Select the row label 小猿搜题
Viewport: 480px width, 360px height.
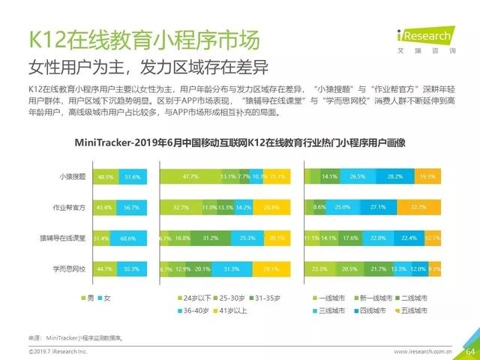tap(72, 177)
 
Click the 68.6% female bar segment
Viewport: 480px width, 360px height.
tap(130, 238)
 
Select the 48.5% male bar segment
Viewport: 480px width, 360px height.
tap(105, 177)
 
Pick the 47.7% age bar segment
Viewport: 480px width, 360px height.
tap(190, 177)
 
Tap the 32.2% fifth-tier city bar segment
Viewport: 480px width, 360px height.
tap(418, 206)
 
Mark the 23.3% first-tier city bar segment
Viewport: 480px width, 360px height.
tap(319, 268)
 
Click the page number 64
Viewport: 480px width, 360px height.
tap(471, 350)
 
